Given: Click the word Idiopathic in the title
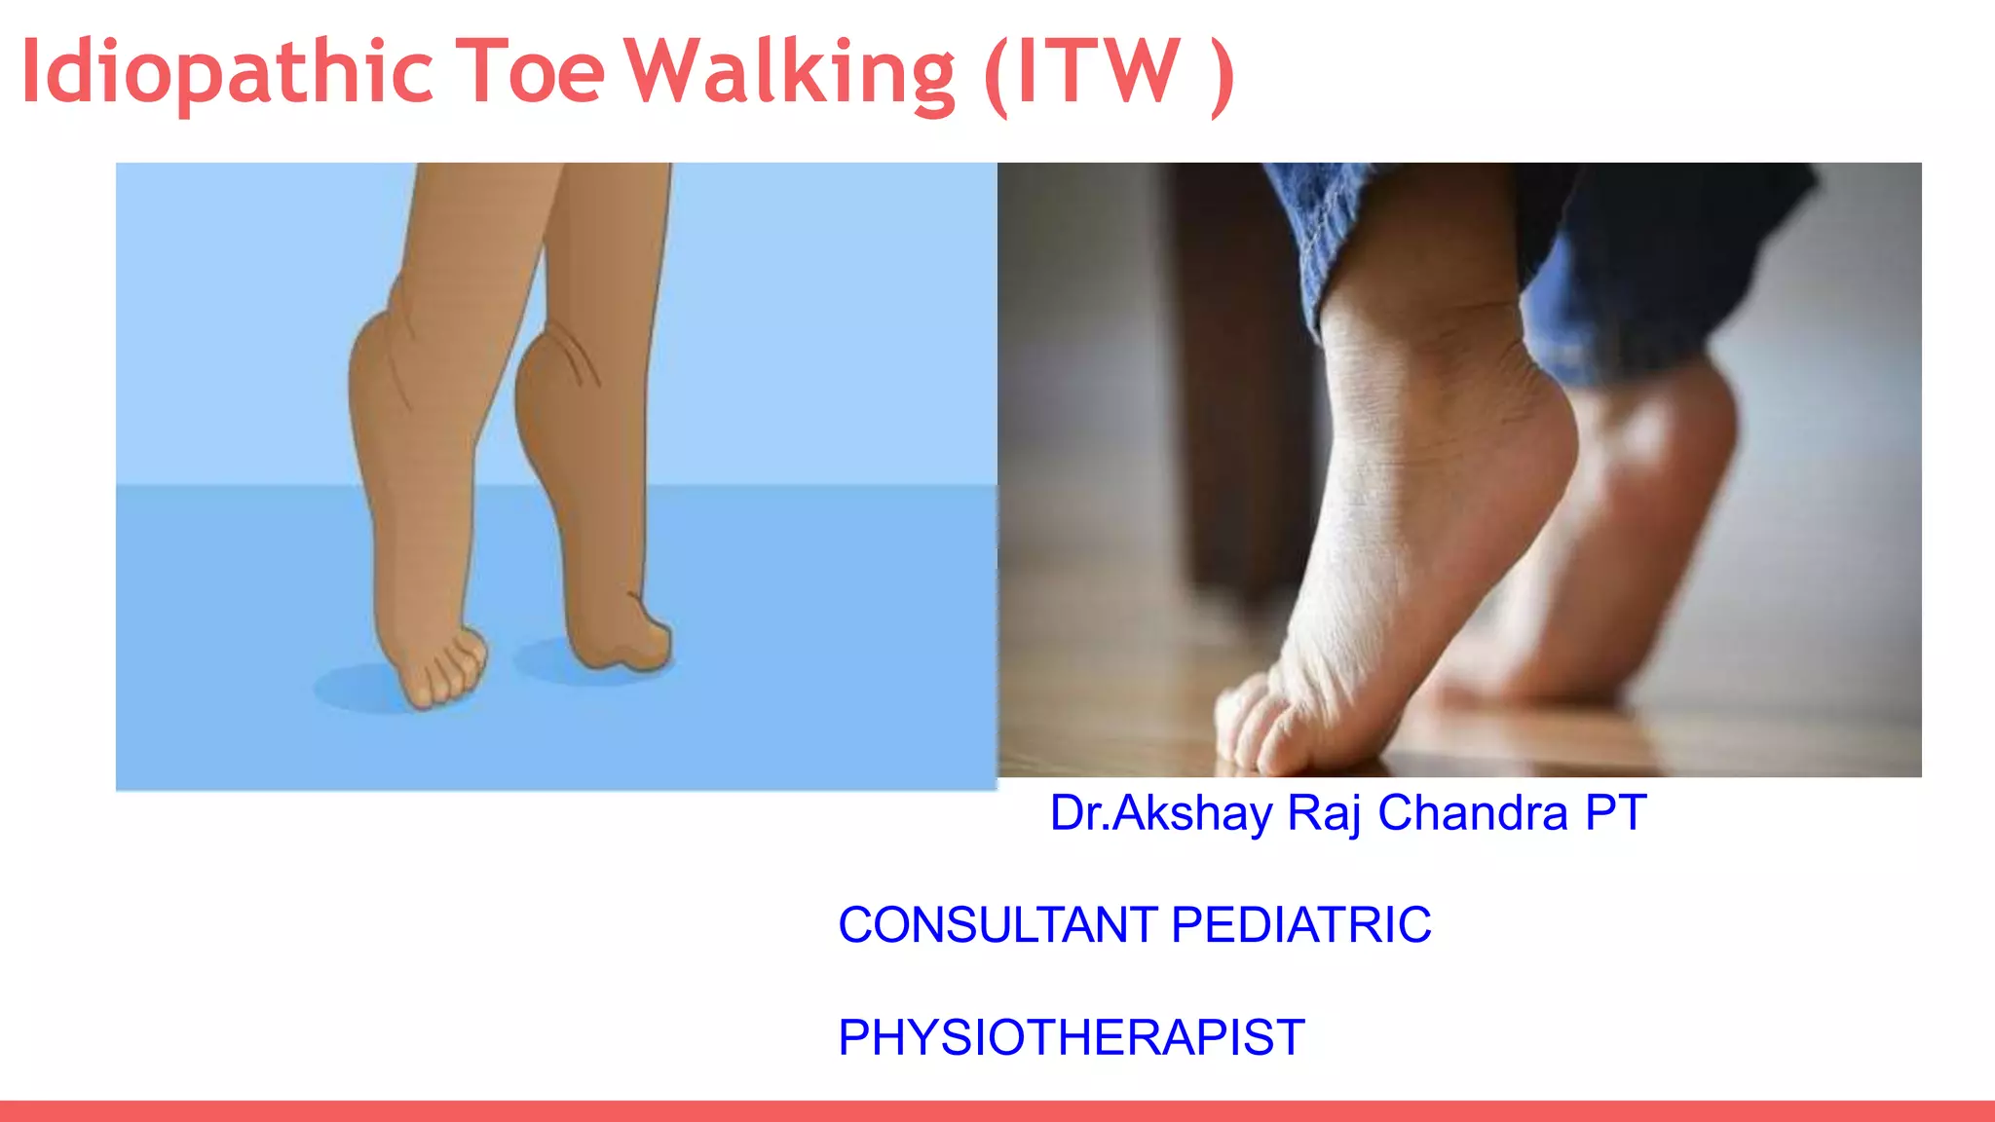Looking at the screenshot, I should [x=226, y=72].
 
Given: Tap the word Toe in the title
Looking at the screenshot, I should [x=531, y=72].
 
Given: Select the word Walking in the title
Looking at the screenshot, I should [x=789, y=72].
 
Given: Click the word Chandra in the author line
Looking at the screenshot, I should [x=1472, y=813].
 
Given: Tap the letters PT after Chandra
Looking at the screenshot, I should [x=1615, y=813].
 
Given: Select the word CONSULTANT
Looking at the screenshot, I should [x=997, y=925].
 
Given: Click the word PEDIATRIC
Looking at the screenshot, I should [x=1300, y=925].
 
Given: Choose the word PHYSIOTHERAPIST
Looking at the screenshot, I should [x=1071, y=1037].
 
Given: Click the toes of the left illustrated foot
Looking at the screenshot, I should [x=444, y=672].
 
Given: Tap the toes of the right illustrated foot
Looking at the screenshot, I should [x=633, y=643].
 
